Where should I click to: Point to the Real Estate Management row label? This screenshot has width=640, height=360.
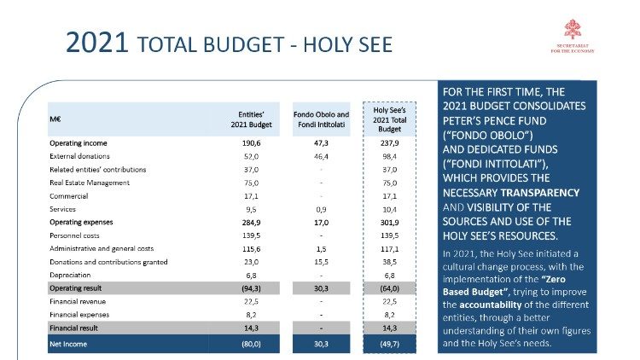coord(90,182)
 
